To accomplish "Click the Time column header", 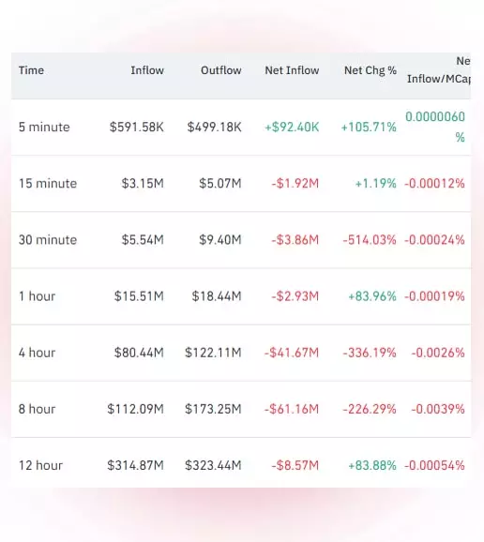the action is coord(31,70).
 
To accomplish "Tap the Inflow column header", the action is coord(147,70).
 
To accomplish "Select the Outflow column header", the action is coord(221,70).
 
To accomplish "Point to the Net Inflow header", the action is coord(292,70).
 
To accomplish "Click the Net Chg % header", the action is coord(371,70).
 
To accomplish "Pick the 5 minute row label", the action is coord(44,128).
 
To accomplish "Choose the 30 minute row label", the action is coord(48,240).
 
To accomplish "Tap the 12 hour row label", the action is coord(40,466).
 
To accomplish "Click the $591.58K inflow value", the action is coord(137,128).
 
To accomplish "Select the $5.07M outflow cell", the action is coord(219,184).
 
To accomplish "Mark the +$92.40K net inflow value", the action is coord(292,128).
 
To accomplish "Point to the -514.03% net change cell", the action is coord(370,240).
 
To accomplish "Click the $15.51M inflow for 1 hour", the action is coord(139,296).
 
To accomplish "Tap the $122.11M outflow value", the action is coord(213,353).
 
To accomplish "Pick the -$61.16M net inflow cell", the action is coord(292,409).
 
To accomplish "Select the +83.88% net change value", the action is coord(372,466).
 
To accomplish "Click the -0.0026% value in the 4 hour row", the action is coord(438,353).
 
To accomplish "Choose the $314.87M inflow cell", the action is coord(135,466).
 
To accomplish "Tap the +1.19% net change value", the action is coord(376,184).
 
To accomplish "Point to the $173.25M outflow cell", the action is coord(213,409).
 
